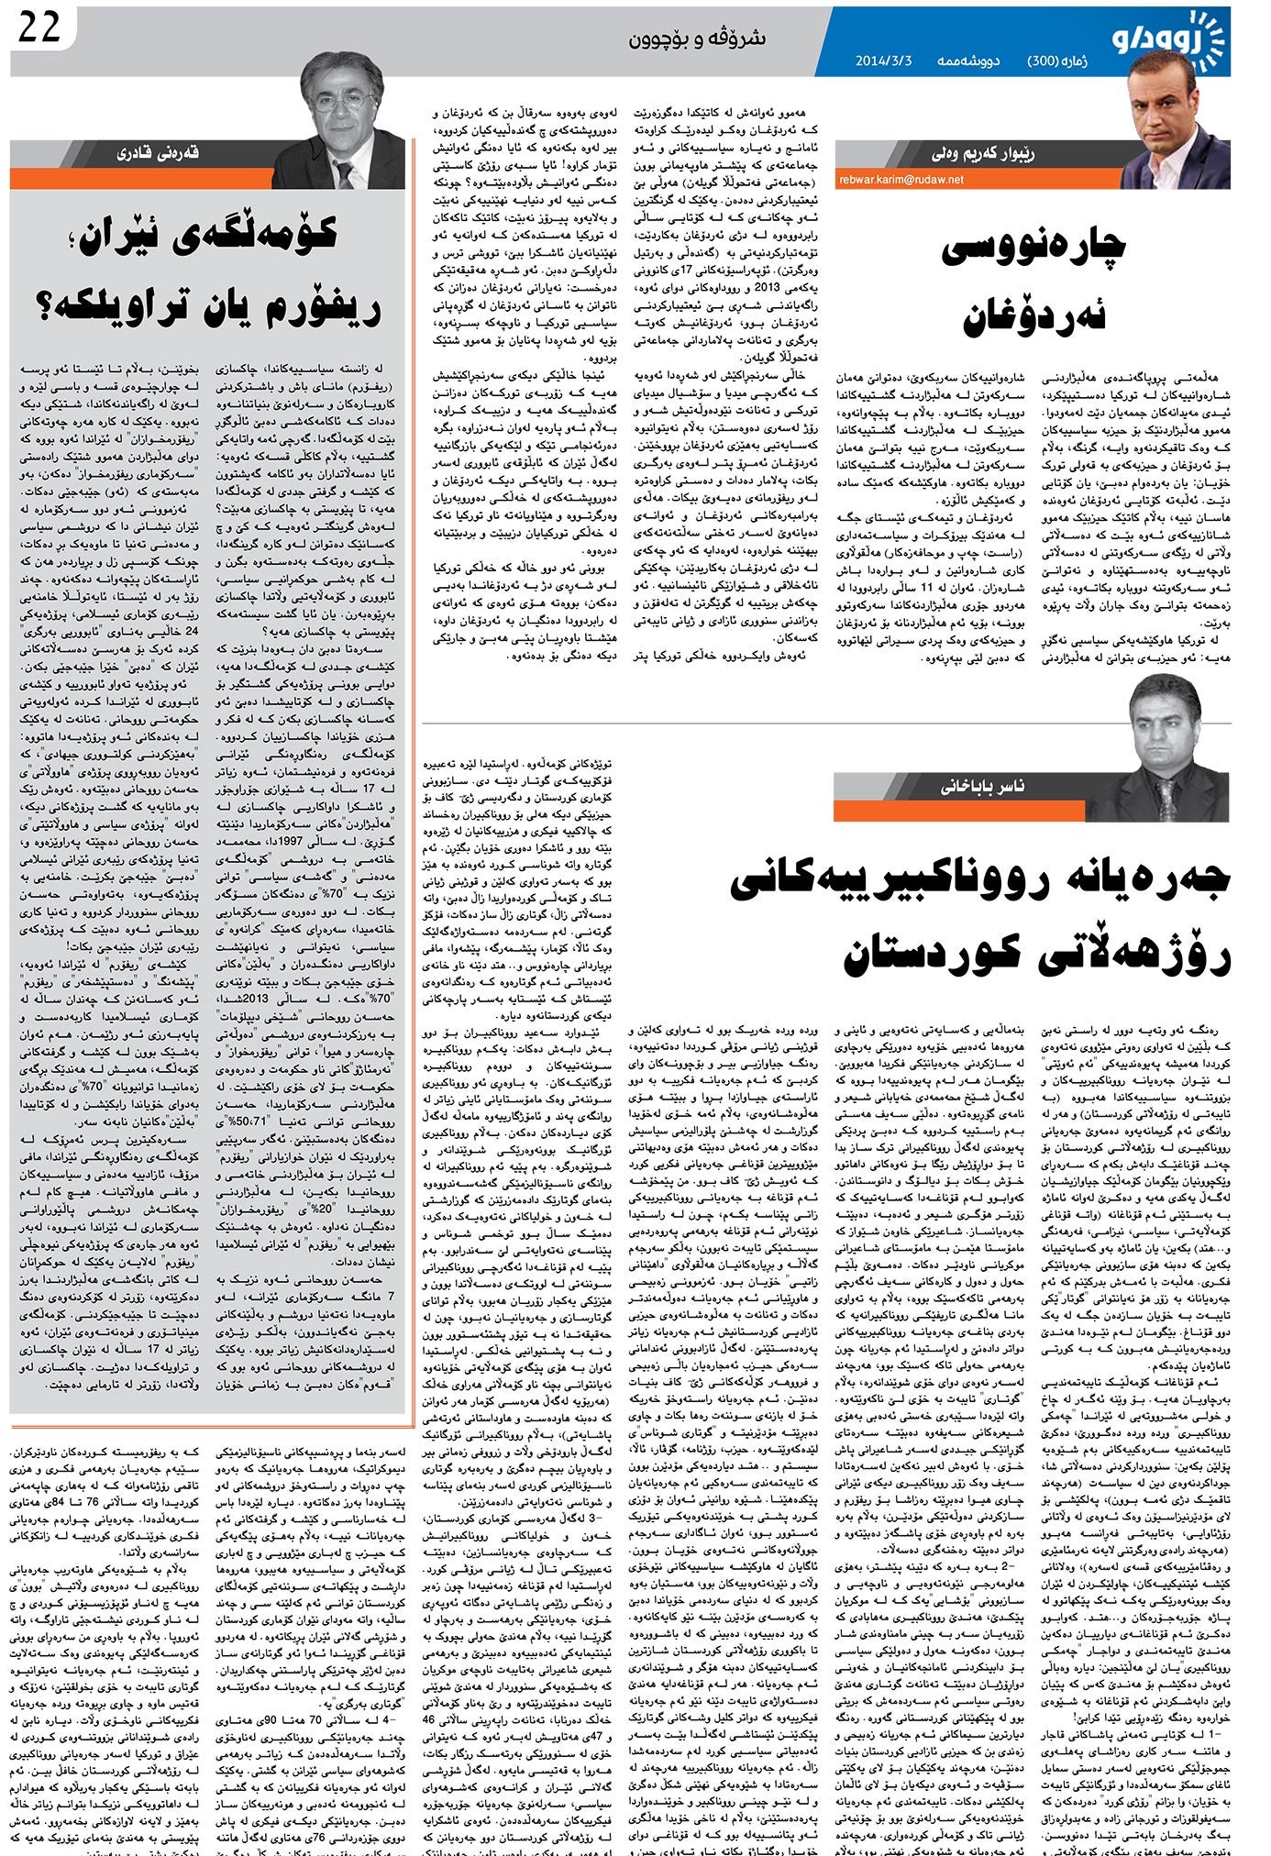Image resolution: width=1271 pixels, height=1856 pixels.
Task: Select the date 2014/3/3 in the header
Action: coord(883,61)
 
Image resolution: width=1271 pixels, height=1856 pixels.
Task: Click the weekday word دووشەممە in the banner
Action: coord(967,61)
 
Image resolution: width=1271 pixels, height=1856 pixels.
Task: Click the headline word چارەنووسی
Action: coord(1034,248)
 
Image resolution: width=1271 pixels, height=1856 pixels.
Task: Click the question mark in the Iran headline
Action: coord(44,307)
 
